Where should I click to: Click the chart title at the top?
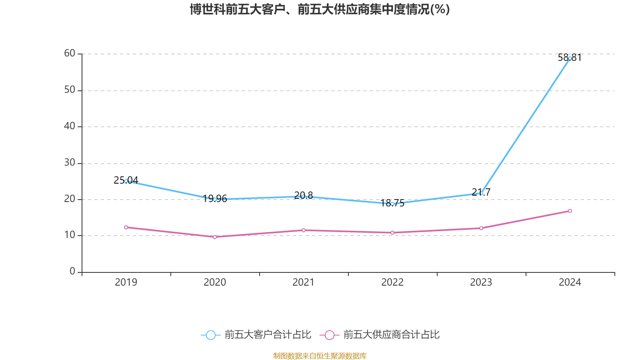coord(320,9)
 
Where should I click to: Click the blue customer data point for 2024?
coord(570,58)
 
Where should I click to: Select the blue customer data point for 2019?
coord(126,181)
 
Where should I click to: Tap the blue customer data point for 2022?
coord(392,204)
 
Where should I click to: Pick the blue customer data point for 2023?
coord(481,193)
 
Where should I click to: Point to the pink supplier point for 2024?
coord(570,211)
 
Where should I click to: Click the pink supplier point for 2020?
coord(215,237)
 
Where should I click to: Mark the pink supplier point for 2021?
coord(304,230)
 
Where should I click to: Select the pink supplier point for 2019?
coord(126,227)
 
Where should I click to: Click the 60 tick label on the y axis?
coord(70,53)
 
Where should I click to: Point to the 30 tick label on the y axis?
coord(70,162)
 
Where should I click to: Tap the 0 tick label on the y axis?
coord(72,271)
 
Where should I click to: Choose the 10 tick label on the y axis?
coord(70,235)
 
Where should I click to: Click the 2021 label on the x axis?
coord(304,282)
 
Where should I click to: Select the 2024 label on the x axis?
coord(570,282)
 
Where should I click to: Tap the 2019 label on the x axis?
coord(126,282)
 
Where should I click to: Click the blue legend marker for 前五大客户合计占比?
coord(210,335)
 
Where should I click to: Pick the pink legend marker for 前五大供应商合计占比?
coord(329,335)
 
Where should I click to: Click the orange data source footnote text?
coord(320,356)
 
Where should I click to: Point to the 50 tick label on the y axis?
coord(70,90)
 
